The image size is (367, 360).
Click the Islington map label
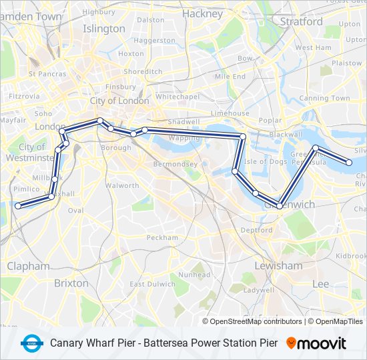coord(103,29)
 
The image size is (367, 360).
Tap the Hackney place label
coord(202,13)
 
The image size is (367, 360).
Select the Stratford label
coord(301,21)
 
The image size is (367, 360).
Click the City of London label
coord(119,101)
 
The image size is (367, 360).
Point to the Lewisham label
coord(278,265)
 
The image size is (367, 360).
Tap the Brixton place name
coord(71,283)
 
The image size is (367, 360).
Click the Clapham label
coord(28,266)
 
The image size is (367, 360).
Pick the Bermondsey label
coord(175,163)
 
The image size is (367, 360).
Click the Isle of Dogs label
coord(265,161)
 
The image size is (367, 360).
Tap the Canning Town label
coord(324,98)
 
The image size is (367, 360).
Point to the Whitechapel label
coord(177,97)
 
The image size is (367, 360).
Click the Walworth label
coord(123,185)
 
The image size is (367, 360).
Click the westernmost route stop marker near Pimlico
coord(18,206)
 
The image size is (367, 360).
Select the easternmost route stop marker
coord(348,162)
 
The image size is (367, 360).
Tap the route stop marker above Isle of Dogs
coord(243,137)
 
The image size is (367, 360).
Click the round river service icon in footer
coord(31,343)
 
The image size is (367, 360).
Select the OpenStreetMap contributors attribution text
coord(256,321)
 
